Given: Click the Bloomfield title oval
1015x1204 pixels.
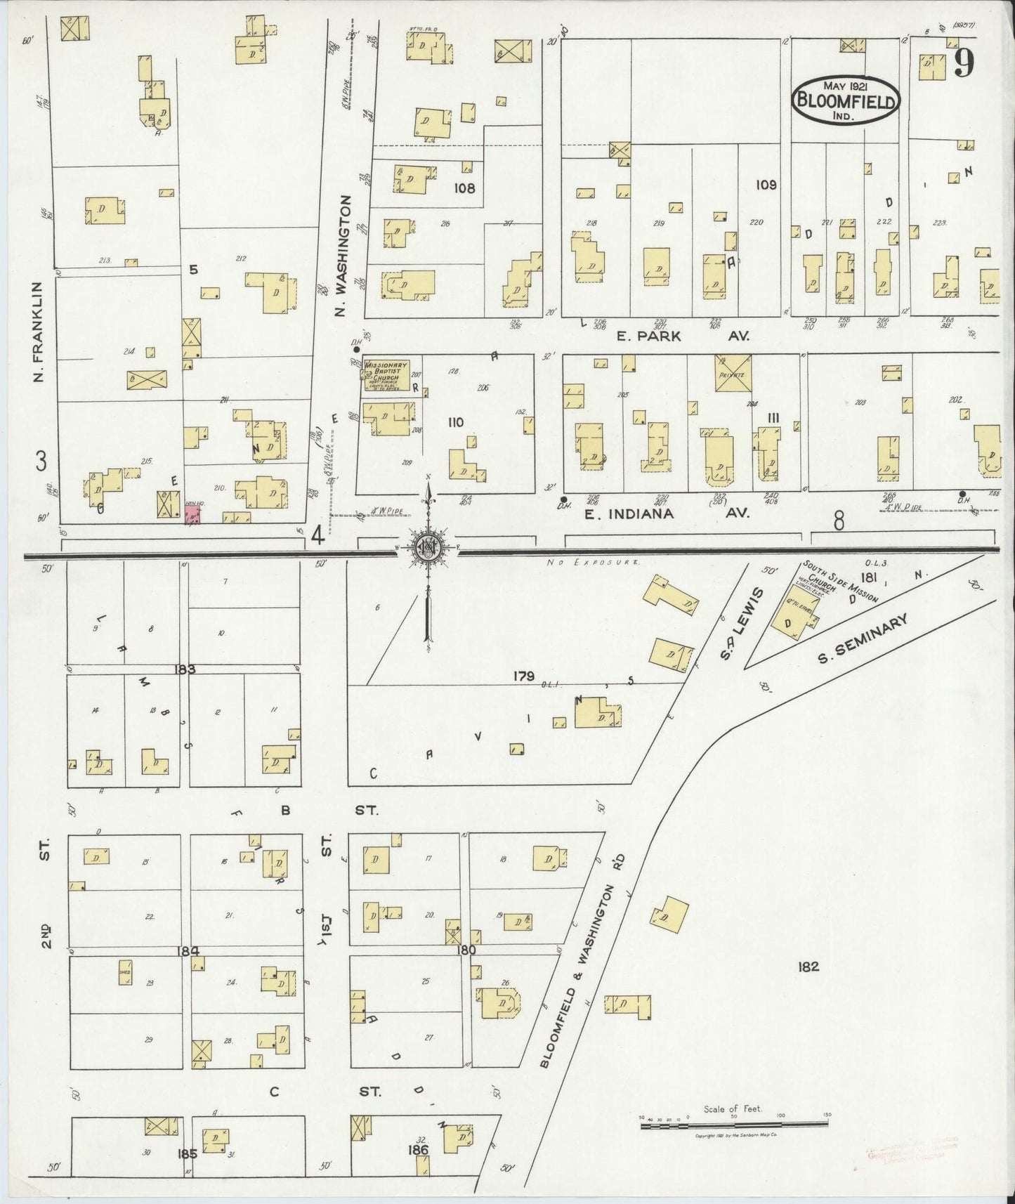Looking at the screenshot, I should pos(846,100).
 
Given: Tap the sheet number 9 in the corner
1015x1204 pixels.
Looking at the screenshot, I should pos(964,64).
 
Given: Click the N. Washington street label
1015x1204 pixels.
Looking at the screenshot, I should pos(343,256).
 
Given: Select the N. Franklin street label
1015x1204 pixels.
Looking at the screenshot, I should pos(39,332).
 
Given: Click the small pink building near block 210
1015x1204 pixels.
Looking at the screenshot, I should pos(192,515).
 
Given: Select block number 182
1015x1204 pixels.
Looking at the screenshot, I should pos(808,967).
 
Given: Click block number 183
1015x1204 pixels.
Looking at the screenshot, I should pos(185,669).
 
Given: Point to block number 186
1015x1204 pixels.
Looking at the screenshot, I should pos(417,1150).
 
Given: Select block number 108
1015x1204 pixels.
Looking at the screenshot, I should pos(464,188).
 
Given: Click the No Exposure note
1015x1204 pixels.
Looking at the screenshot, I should pos(594,563).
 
